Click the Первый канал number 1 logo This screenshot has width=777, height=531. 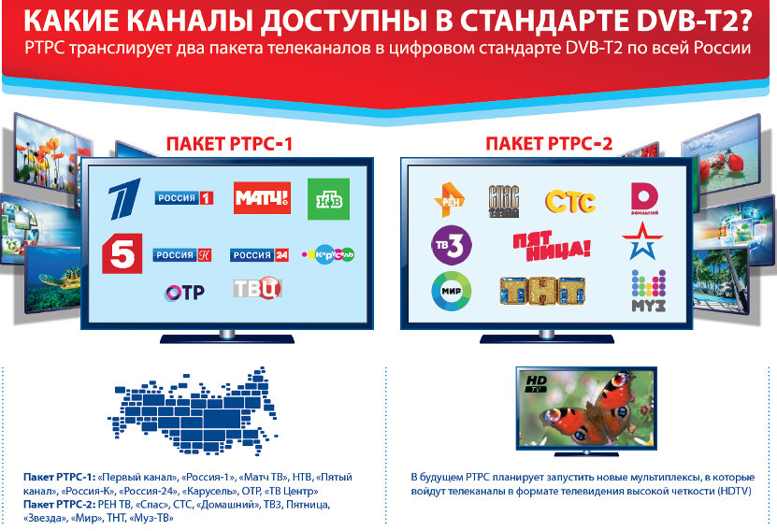[124, 198]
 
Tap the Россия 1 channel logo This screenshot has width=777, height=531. [184, 198]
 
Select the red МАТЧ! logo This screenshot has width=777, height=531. [262, 197]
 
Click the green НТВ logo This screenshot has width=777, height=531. [328, 199]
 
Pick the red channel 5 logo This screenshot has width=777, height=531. [122, 253]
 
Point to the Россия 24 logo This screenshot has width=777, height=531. [259, 255]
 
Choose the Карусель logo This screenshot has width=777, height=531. [328, 254]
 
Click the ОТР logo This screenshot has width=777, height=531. [184, 293]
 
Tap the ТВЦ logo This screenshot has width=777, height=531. [258, 288]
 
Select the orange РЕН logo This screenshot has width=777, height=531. [450, 200]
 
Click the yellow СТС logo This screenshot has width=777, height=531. [570, 202]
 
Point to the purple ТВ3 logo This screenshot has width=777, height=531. [451, 245]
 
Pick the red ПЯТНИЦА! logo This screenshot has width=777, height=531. [552, 246]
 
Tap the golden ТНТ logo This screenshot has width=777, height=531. [542, 291]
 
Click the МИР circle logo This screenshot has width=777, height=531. [451, 291]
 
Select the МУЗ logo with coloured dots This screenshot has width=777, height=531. [648, 291]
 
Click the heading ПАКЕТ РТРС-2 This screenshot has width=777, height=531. [549, 144]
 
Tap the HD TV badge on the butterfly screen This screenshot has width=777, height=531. [536, 383]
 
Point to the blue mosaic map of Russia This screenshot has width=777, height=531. [194, 411]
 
